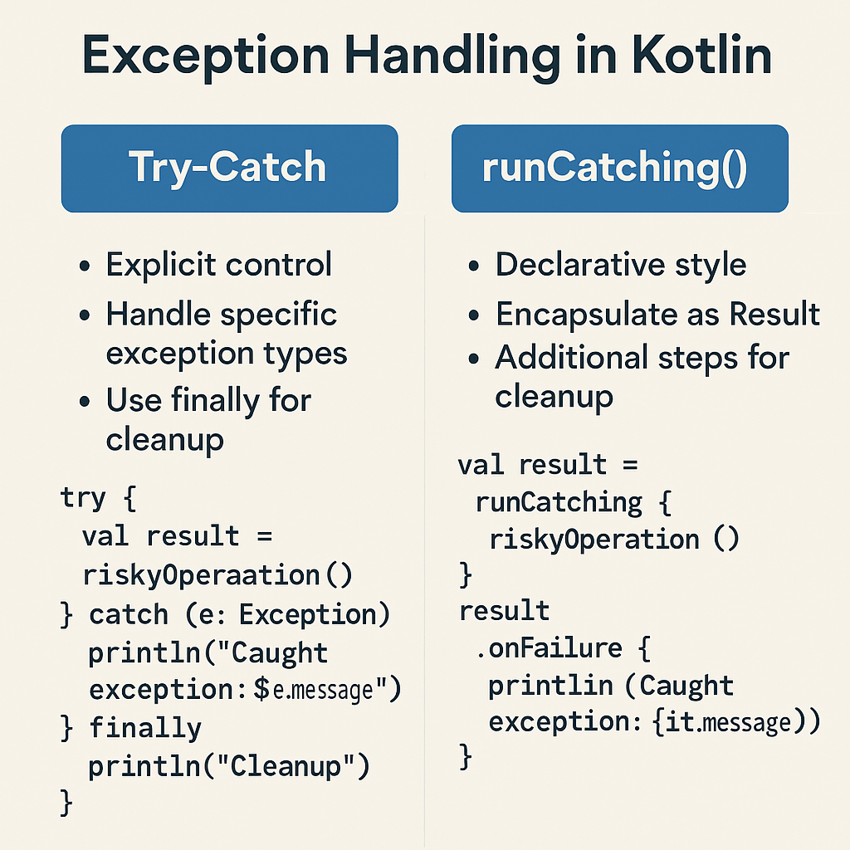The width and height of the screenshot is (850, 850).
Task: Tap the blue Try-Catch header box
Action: click(x=229, y=168)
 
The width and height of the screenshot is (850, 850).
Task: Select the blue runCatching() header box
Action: click(x=619, y=168)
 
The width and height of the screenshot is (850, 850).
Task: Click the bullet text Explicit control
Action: click(x=218, y=266)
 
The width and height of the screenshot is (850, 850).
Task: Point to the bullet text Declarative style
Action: click(x=620, y=266)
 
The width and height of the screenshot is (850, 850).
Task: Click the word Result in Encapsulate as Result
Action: click(x=774, y=315)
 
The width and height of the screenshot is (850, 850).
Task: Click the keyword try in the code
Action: click(x=83, y=498)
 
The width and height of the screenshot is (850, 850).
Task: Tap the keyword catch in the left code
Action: click(x=129, y=615)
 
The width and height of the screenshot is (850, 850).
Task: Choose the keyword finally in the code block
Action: click(x=145, y=729)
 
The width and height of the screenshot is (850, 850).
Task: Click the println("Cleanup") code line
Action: click(x=228, y=767)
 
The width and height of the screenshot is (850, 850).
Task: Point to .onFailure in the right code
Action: click(x=549, y=648)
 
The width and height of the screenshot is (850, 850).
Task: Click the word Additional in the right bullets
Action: click(x=573, y=358)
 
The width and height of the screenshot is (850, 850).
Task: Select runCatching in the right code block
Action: click(x=558, y=502)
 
